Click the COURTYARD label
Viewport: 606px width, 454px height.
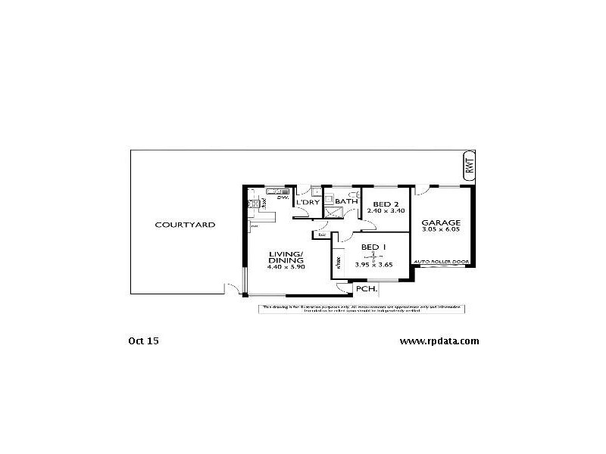(x=185, y=225)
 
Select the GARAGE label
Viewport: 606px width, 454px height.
(x=442, y=222)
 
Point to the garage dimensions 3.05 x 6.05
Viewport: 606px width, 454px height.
(x=442, y=230)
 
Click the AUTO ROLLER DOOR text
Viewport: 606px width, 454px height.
(x=442, y=262)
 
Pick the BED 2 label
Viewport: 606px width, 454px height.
(x=386, y=204)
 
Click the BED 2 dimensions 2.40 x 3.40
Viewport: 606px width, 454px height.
(x=386, y=210)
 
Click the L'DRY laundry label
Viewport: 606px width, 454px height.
(x=307, y=203)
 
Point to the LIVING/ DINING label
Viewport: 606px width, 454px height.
(x=285, y=258)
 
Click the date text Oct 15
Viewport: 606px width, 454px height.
(x=143, y=340)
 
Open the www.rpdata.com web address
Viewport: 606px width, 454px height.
(x=439, y=340)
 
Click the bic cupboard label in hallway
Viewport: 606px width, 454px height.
(x=322, y=235)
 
